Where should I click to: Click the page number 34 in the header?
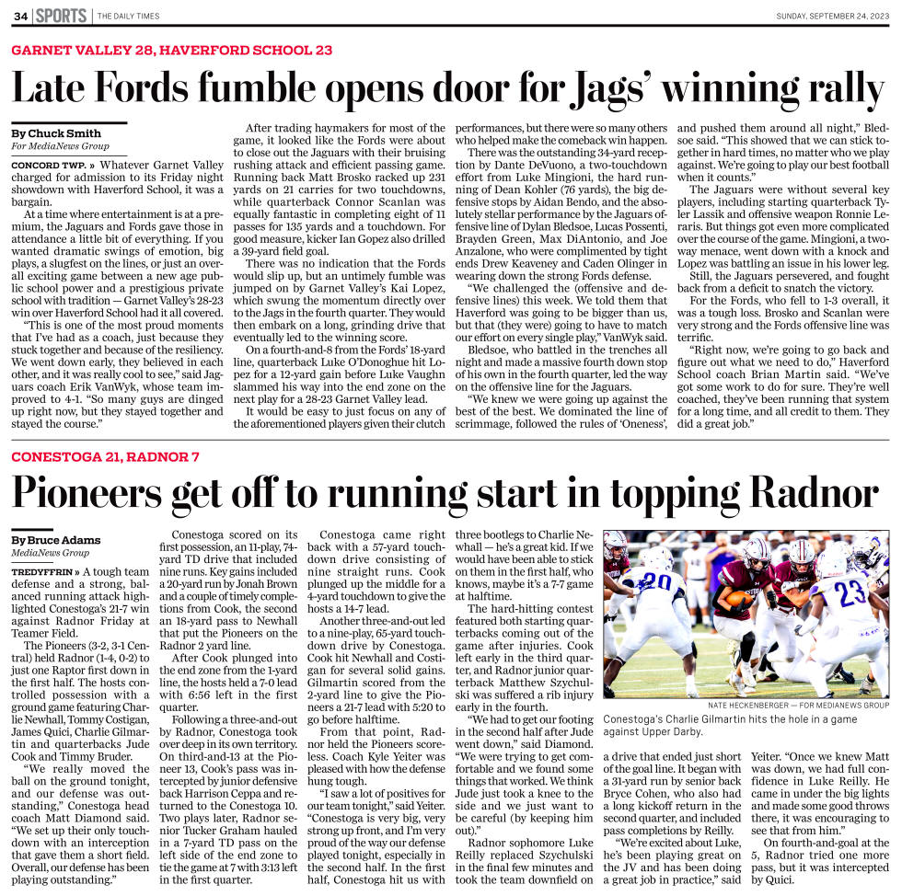[x=20, y=16]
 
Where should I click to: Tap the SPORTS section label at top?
[x=62, y=16]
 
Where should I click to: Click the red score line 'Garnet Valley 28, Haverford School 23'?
[x=172, y=50]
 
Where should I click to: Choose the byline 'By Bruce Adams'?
[x=56, y=540]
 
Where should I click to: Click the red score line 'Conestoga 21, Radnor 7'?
[x=106, y=457]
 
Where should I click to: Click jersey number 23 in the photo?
[x=850, y=591]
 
